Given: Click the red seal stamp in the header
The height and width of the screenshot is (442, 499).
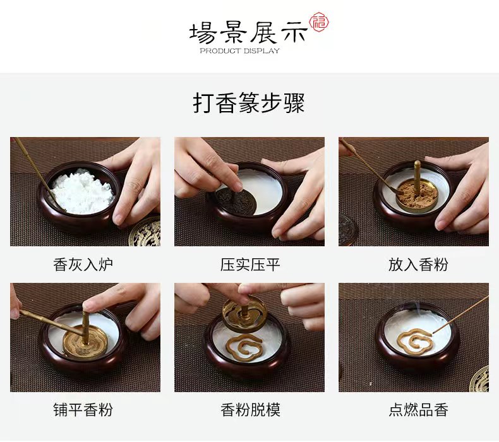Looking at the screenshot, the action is (320, 22).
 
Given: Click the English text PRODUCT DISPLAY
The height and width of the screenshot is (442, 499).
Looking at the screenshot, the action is (239, 51).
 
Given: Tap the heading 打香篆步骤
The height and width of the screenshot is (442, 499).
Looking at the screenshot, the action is (249, 103).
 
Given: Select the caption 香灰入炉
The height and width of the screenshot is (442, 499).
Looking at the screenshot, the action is (83, 265).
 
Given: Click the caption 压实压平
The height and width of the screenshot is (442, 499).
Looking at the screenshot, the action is (250, 265).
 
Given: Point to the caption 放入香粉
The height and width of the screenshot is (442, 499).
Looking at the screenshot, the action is (418, 265).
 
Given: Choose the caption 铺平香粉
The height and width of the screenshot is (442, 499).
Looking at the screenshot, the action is (83, 410).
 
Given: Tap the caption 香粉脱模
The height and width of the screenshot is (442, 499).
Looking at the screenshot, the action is (250, 410).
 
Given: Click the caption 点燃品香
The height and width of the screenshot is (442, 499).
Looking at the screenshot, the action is (418, 410).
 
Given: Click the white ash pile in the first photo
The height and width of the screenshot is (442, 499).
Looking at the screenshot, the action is (83, 192).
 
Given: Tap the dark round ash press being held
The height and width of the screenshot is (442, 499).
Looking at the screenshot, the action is (236, 199).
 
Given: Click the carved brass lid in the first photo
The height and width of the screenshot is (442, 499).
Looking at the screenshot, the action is (145, 232).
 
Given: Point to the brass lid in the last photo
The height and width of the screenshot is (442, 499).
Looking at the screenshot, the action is (480, 379).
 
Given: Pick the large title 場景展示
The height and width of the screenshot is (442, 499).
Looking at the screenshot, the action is (248, 32).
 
